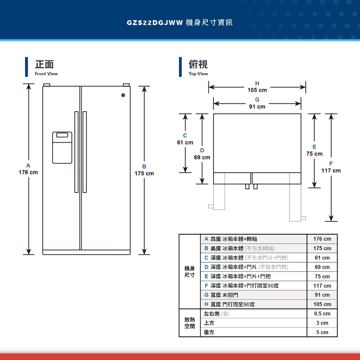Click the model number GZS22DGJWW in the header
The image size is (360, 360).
pyautogui.click(x=155, y=22)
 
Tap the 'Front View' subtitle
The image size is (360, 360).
pyautogui.click(x=46, y=74)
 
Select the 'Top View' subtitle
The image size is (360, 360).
pyautogui.click(x=198, y=74)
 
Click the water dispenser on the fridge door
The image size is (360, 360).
pyautogui.click(x=62, y=148)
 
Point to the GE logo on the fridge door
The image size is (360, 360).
pyautogui.click(x=123, y=95)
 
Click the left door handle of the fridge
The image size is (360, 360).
pyautogui.click(x=76, y=152)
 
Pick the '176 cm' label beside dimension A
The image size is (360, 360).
pyautogui.click(x=28, y=172)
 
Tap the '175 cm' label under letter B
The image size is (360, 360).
pyautogui.click(x=144, y=174)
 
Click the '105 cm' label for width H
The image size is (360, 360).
pyautogui.click(x=257, y=90)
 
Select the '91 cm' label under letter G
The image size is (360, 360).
pyautogui.click(x=257, y=107)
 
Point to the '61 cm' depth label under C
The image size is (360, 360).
pyautogui.click(x=185, y=142)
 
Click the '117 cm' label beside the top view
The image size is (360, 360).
pyautogui.click(x=331, y=171)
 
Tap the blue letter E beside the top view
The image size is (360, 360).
pyautogui.click(x=314, y=147)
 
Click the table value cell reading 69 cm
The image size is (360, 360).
pyautogui.click(x=322, y=267)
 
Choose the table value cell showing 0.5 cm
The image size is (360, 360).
pyautogui.click(x=322, y=314)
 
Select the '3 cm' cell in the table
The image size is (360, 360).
pyautogui.click(x=322, y=323)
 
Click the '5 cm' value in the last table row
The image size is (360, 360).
pyautogui.click(x=322, y=332)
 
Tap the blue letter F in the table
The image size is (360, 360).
pyautogui.click(x=206, y=285)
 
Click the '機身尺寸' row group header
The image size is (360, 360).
pyautogui.click(x=190, y=271)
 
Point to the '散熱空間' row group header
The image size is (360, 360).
pyautogui.click(x=190, y=323)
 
